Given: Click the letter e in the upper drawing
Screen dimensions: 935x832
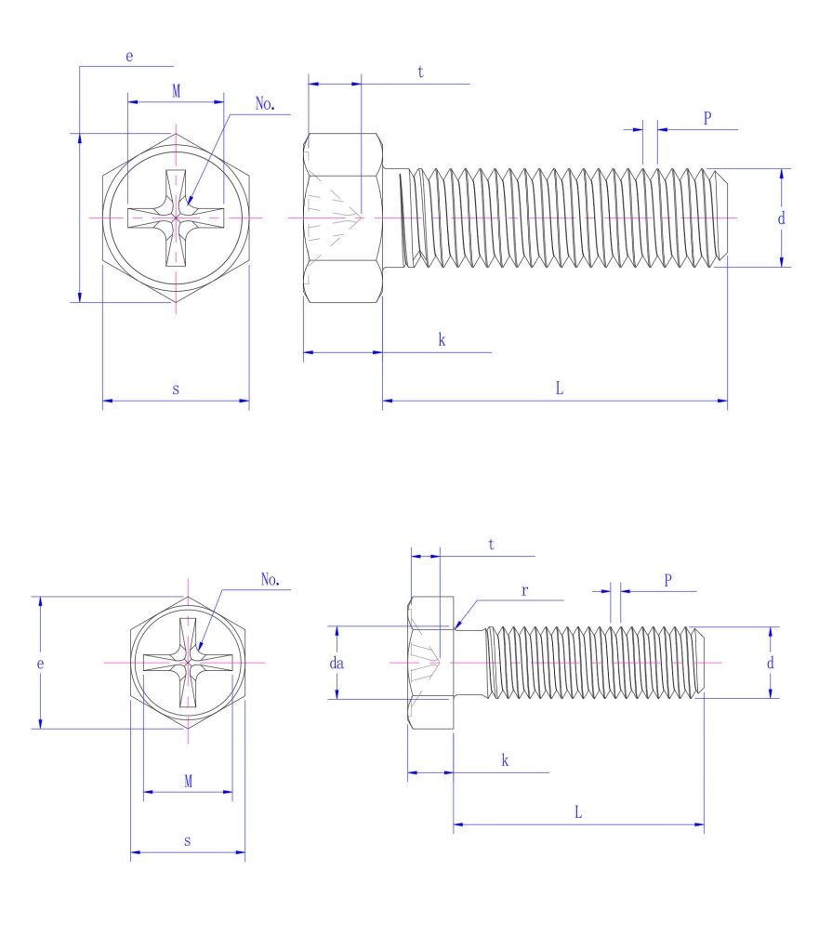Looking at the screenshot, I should tap(129, 57).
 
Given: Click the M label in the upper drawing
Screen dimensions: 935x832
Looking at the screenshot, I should tap(176, 90).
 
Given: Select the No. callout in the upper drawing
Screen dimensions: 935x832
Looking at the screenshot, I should tap(266, 105).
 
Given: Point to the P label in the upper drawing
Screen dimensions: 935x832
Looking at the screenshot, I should tap(707, 118).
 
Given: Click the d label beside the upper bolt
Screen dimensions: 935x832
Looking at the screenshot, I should tap(781, 218).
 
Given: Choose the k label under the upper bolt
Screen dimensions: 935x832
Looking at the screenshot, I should tap(442, 340).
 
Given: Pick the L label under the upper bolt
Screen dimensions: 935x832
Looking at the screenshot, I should tap(560, 388).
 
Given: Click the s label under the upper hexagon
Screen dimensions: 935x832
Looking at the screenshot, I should tap(176, 388).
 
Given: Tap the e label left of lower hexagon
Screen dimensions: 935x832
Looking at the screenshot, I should tap(41, 664).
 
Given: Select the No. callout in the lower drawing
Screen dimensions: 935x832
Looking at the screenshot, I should tap(271, 580).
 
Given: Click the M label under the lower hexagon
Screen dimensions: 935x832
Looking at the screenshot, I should tap(188, 782).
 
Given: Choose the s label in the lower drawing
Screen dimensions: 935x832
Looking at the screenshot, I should tap(188, 841).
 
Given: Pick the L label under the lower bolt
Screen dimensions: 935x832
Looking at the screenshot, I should tap(577, 811).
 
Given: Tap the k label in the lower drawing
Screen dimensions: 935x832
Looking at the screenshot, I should tap(505, 760).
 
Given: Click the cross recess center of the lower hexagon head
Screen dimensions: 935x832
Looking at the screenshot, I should tap(188, 663).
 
